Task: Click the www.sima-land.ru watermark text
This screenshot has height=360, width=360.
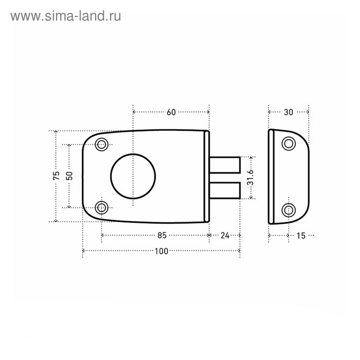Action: [66, 16]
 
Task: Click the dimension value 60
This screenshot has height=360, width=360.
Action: [171, 112]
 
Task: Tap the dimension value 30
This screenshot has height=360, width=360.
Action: [289, 112]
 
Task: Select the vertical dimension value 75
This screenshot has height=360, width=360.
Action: [56, 176]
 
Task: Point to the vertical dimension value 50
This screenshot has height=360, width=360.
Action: [69, 176]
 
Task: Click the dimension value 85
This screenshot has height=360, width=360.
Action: [162, 236]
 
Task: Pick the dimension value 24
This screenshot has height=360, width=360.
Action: [225, 236]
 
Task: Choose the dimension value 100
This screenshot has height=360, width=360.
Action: [161, 251]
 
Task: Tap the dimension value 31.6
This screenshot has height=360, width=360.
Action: [250, 177]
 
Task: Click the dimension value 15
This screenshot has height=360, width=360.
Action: [301, 236]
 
